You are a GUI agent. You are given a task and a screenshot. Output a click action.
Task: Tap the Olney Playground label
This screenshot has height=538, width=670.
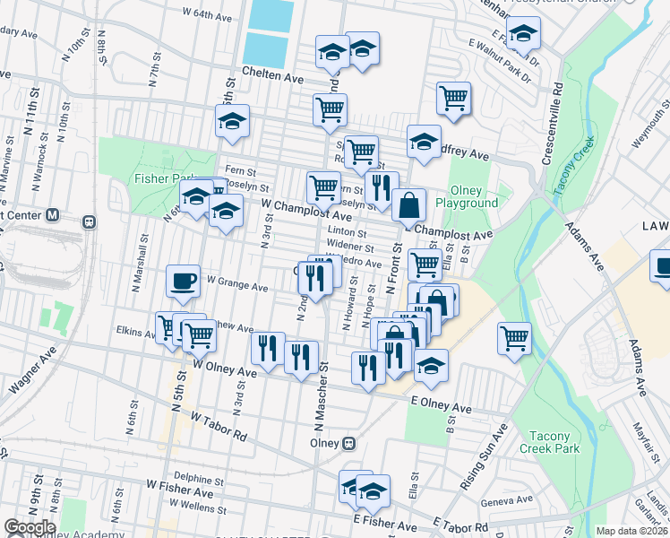467,196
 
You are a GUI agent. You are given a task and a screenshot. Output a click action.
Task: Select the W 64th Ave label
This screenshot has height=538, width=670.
212,14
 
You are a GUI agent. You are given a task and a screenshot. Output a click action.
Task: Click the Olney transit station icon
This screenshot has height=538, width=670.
350,443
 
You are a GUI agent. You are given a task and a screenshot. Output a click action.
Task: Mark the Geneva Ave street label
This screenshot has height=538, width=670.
506,500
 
